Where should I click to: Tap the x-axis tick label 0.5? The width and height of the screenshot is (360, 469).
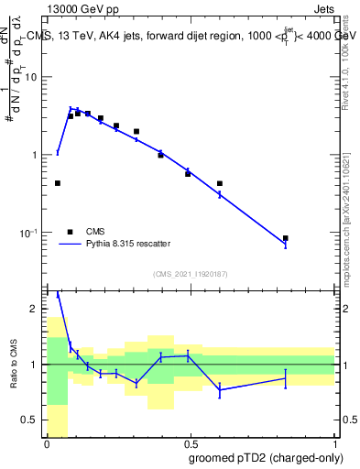[x=191, y=443]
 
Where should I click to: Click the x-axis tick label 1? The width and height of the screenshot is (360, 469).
[x=335, y=443]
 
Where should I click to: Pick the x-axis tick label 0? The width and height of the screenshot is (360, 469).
[x=47, y=443]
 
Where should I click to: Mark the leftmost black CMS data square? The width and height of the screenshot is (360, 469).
[x=58, y=183]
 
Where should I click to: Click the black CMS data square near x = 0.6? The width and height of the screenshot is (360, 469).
[x=220, y=183]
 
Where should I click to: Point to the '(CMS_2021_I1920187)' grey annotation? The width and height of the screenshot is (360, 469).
[x=191, y=273]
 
